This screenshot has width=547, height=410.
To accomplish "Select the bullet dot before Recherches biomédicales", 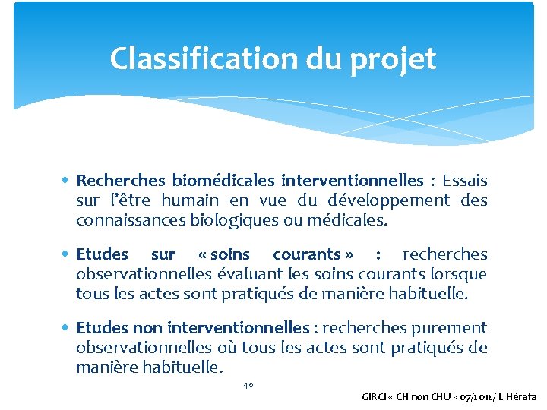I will [68, 181].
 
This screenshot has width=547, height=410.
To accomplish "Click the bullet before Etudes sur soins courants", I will [68, 254].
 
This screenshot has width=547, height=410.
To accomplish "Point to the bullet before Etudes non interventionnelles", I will [68, 328].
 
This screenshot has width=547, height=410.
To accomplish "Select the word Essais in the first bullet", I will [465, 181].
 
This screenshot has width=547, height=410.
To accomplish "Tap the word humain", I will [189, 200].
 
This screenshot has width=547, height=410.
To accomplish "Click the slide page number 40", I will [248, 385].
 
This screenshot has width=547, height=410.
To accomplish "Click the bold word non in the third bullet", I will [147, 328].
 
